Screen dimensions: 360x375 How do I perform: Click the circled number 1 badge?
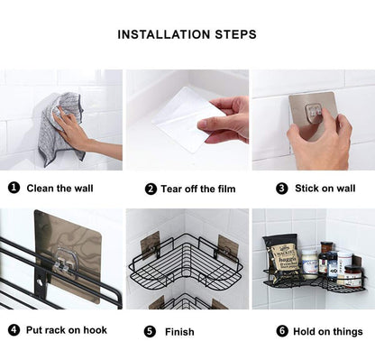point(14,189)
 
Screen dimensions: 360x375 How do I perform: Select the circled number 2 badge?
point(151,189)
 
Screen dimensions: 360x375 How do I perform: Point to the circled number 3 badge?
point(281,189)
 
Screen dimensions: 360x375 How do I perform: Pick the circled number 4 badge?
point(14,330)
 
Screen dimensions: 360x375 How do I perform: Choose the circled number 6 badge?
point(281,330)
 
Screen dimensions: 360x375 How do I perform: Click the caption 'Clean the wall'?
point(60,189)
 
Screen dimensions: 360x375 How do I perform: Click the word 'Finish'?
point(179,331)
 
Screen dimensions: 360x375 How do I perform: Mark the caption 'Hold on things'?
point(327,330)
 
